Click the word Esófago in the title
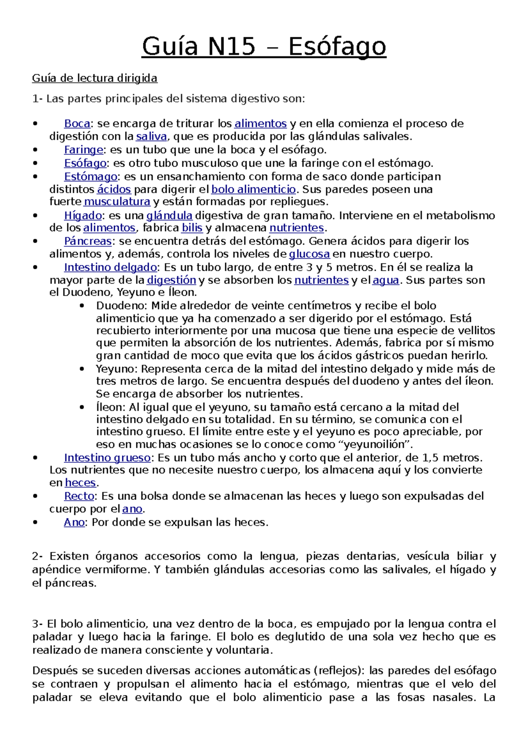(337, 47)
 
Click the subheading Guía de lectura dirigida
(95, 78)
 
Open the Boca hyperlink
(77, 124)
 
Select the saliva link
(151, 136)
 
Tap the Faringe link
(84, 150)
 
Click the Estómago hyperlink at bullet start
(91, 176)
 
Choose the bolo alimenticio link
(253, 190)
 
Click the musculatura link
(117, 202)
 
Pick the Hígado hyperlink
(83, 216)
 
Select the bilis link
(192, 228)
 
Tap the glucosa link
(309, 254)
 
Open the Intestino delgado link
(110, 267)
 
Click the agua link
(386, 280)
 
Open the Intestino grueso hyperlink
(107, 458)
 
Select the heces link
(80, 483)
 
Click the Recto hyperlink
(79, 496)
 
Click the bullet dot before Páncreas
(35, 241)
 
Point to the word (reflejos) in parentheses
(338, 670)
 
